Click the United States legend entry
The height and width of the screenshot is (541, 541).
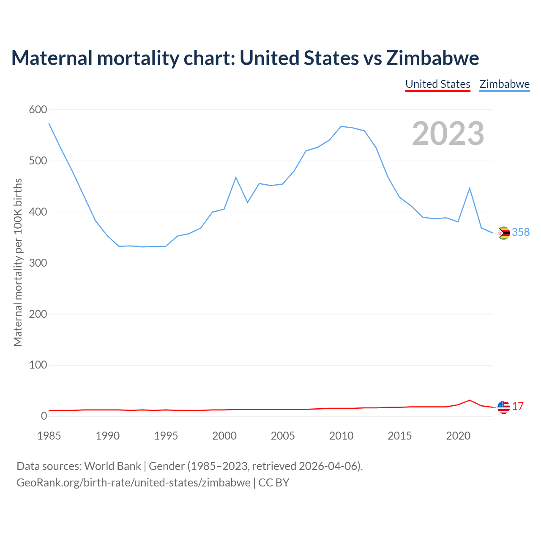[x=437, y=84]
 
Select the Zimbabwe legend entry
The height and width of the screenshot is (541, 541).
[x=504, y=84]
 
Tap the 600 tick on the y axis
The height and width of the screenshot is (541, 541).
[x=38, y=110]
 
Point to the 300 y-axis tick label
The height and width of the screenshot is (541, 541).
[x=38, y=263]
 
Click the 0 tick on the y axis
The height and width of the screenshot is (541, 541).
[x=44, y=416]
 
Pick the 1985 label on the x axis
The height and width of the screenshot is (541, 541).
[x=49, y=436]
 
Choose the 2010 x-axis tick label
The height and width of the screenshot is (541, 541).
[x=341, y=436]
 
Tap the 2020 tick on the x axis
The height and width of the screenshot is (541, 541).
[x=458, y=436]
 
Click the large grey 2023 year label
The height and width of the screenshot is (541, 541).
[x=448, y=134]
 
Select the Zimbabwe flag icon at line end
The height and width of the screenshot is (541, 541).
[x=504, y=233]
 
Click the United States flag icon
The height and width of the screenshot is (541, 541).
[x=503, y=407]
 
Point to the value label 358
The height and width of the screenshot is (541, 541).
[x=521, y=232]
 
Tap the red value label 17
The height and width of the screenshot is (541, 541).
[x=518, y=407]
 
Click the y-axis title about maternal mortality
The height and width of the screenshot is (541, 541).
[x=18, y=262]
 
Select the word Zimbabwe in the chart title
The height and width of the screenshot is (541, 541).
[x=432, y=58]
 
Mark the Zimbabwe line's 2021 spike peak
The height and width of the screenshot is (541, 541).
[x=470, y=188]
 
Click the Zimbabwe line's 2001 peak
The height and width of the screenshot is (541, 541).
[x=236, y=177]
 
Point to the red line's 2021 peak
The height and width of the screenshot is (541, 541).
[x=470, y=400]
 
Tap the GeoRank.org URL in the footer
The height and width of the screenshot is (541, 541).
[x=134, y=483]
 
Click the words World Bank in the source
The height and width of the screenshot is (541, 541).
[x=112, y=466]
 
